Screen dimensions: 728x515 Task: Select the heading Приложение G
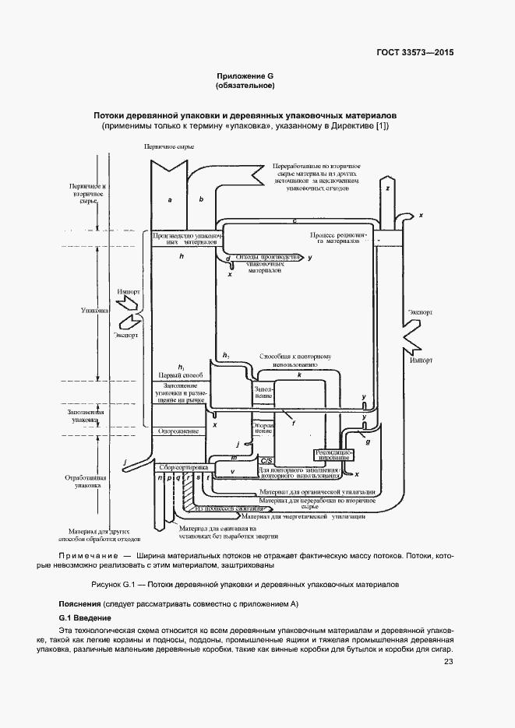tap(245, 76)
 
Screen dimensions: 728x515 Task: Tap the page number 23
tap(448, 662)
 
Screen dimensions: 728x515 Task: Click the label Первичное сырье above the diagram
tap(168, 146)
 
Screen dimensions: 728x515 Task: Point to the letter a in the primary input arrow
tap(169, 200)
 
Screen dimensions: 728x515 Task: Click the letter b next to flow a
tap(201, 200)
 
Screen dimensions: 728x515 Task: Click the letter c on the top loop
tap(294, 222)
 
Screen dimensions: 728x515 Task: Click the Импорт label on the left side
tap(128, 294)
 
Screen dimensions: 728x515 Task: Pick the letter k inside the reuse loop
tap(299, 375)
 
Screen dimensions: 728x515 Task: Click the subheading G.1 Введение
tap(86, 617)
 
